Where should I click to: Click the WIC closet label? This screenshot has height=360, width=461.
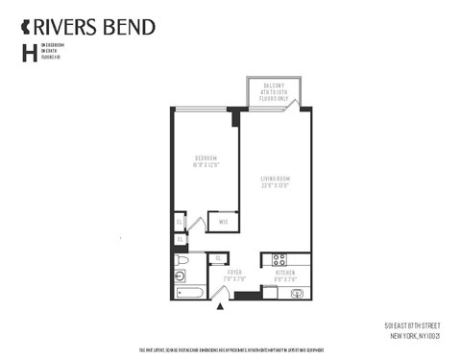[x=223, y=222]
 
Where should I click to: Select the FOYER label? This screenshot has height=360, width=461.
[x=234, y=273]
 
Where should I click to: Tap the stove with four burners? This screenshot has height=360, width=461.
[x=279, y=258]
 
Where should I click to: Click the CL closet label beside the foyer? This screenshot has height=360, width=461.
[x=218, y=257]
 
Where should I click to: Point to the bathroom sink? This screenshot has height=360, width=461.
[x=182, y=276]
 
